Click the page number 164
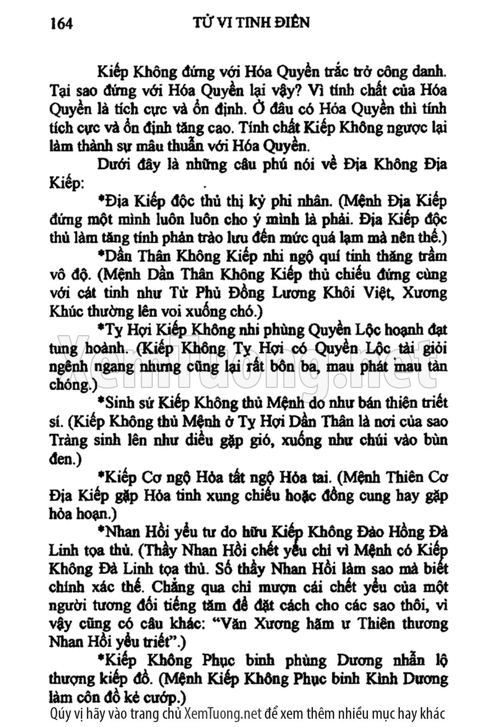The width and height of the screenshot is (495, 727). click(62, 23)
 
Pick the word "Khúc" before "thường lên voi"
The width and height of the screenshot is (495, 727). click(67, 311)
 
